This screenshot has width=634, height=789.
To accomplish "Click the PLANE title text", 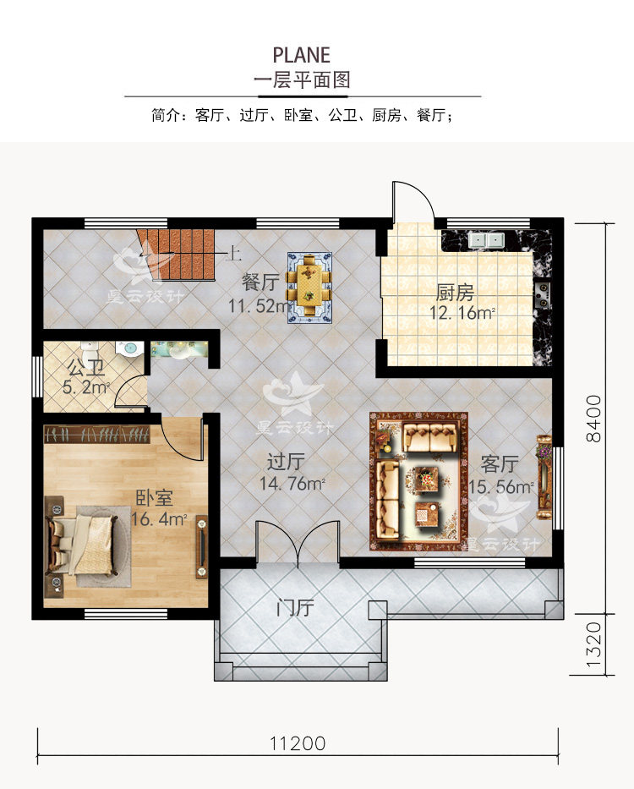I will pyautogui.click(x=301, y=55).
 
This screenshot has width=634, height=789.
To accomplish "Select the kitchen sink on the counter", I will pyautogui.click(x=486, y=239).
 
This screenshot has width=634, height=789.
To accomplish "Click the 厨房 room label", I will pyautogui.click(x=455, y=293).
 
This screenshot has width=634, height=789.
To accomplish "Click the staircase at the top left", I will pyautogui.click(x=178, y=254).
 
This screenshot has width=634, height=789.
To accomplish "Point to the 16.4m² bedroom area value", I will pyautogui.click(x=158, y=519).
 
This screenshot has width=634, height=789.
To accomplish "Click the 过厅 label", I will pyautogui.click(x=286, y=463).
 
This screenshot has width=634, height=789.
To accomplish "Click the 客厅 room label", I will pyautogui.click(x=499, y=463).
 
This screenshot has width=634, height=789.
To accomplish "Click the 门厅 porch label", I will pyautogui.click(x=295, y=607).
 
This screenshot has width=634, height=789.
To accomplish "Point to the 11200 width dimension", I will pyautogui.click(x=298, y=744).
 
